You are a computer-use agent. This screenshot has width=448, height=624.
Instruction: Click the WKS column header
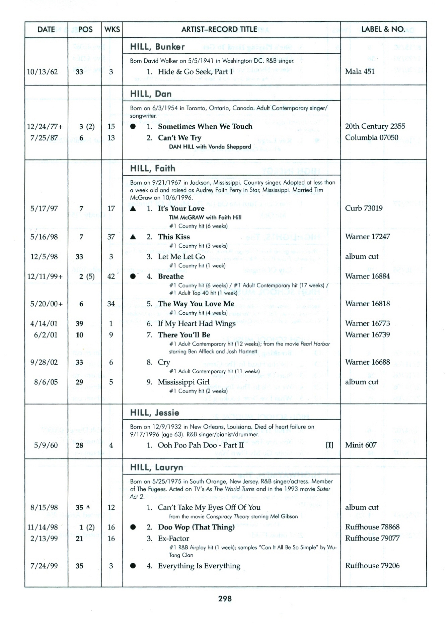pyautogui.click(x=112, y=29)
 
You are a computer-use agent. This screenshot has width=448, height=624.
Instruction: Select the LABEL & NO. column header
pyautogui.click(x=383, y=29)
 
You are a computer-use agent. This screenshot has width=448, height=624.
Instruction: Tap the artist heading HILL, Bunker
pyautogui.click(x=157, y=47)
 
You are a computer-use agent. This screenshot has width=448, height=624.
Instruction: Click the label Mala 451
pyautogui.click(x=360, y=71)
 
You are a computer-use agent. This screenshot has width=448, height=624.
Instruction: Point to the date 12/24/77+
pyautogui.click(x=45, y=127)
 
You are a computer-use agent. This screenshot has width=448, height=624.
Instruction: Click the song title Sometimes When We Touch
pyautogui.click(x=205, y=126)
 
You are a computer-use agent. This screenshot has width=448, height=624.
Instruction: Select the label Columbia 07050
pyautogui.click(x=372, y=138)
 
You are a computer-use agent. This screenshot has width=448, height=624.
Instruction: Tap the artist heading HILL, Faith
pyautogui.click(x=153, y=168)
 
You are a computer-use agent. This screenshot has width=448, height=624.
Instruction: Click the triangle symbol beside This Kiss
pyautogui.click(x=133, y=237)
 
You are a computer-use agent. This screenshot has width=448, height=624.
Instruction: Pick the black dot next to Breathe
pyautogui.click(x=133, y=276)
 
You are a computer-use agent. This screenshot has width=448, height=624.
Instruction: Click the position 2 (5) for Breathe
pyautogui.click(x=87, y=276)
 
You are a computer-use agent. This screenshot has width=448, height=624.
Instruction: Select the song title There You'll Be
pyautogui.click(x=184, y=335)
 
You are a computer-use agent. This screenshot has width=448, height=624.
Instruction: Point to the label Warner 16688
pyautogui.click(x=367, y=362)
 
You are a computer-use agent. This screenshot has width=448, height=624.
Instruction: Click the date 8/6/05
pyautogui.click(x=46, y=382)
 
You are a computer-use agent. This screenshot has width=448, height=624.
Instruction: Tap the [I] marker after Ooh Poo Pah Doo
pyautogui.click(x=329, y=445)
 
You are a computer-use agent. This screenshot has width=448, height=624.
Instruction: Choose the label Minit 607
pyautogui.click(x=361, y=445)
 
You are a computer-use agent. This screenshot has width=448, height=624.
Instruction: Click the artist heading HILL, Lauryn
pyautogui.click(x=157, y=467)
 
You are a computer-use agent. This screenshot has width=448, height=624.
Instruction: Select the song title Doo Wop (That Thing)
pyautogui.click(x=196, y=527)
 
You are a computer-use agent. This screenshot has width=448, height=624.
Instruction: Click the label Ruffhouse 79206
pyautogui.click(x=372, y=566)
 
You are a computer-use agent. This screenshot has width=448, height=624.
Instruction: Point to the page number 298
pyautogui.click(x=225, y=599)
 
